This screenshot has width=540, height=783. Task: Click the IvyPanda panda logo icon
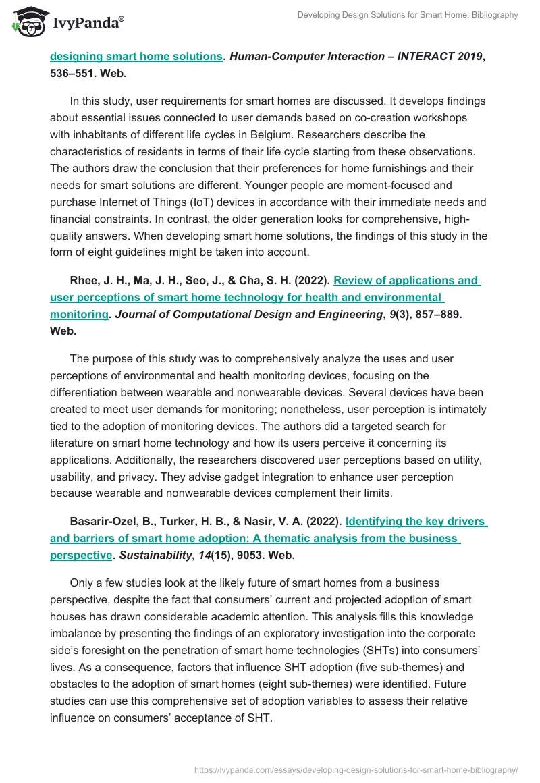27,22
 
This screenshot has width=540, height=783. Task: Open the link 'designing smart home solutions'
136,57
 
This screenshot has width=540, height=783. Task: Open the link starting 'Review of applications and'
406,280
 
